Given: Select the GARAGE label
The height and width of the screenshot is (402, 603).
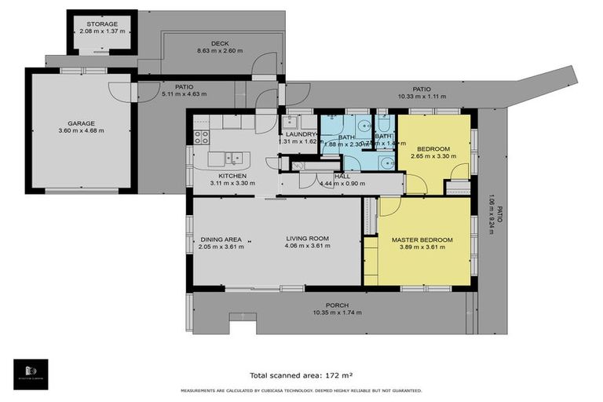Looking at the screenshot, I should (x=81, y=122).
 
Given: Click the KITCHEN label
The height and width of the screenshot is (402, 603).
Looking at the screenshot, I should (x=232, y=175).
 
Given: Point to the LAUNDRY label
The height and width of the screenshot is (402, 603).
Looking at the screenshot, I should (x=300, y=134).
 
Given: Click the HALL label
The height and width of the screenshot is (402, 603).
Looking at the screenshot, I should (x=342, y=177).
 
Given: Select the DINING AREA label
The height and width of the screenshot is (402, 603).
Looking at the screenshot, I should (x=221, y=239).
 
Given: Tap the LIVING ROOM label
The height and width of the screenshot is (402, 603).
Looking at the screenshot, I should (x=307, y=239).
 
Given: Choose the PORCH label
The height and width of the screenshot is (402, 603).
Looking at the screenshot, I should (x=336, y=305).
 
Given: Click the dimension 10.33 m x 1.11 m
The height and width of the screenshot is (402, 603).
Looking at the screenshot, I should (x=422, y=97).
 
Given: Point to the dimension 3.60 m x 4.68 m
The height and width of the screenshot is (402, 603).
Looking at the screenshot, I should (x=81, y=130).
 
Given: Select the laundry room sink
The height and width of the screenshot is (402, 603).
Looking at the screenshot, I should (x=290, y=122).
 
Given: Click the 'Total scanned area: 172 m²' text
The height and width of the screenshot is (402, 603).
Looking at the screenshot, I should (x=301, y=375).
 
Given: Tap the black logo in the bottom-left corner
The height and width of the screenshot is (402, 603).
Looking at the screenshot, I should (x=31, y=374).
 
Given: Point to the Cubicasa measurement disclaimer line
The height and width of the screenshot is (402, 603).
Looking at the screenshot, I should (x=301, y=390).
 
